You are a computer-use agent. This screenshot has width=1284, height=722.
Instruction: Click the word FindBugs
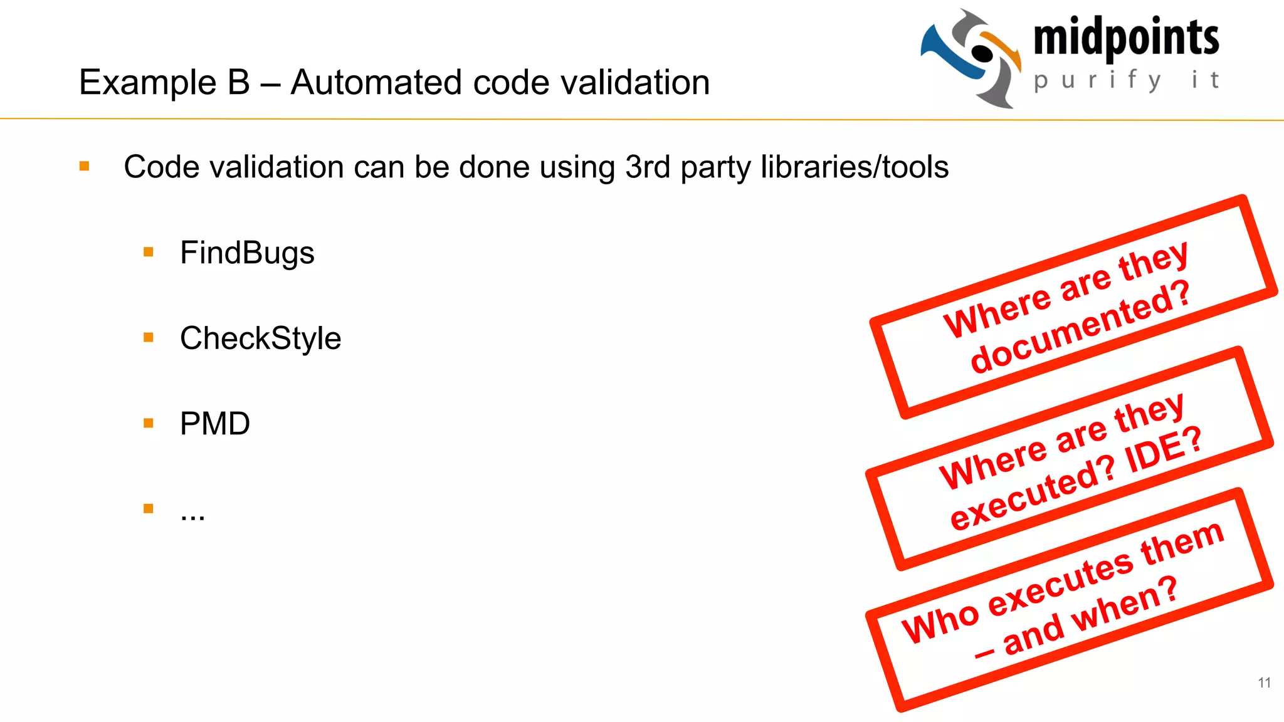(247, 253)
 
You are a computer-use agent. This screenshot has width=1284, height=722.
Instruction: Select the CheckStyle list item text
(260, 338)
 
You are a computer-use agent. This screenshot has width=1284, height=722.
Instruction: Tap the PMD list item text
(214, 424)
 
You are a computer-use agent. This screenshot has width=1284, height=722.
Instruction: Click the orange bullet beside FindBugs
(149, 252)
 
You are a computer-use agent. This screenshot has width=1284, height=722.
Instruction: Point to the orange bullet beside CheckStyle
(149, 338)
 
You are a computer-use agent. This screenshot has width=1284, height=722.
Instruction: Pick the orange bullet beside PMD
(149, 423)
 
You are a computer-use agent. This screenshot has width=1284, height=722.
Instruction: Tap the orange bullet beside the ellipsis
(149, 508)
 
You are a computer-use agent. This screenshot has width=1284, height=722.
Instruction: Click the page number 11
(1264, 683)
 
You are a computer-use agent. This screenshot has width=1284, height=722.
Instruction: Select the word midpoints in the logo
(1126, 39)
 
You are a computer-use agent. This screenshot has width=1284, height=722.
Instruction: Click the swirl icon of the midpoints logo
(971, 58)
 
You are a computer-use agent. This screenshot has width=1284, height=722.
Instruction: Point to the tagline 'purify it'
(1126, 81)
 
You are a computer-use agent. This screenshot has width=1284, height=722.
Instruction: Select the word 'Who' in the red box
(939, 622)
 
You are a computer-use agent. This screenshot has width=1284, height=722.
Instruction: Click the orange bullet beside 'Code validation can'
(85, 166)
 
